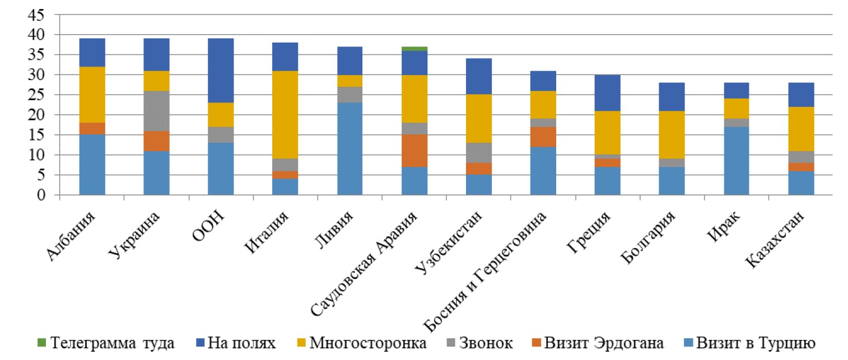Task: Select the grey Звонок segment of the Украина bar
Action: click(156, 111)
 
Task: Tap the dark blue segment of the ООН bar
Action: click(221, 71)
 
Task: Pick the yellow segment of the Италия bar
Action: click(285, 115)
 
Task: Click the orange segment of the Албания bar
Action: click(92, 129)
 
